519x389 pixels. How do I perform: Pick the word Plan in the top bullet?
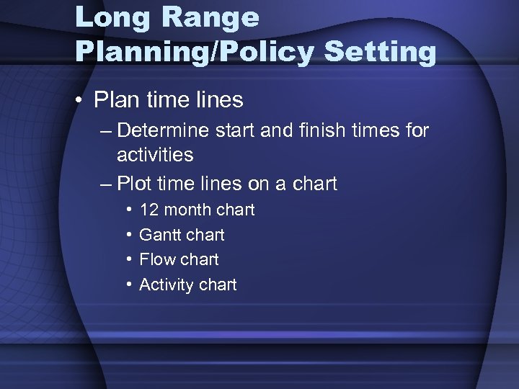(115, 99)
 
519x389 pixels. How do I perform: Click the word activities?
(155, 155)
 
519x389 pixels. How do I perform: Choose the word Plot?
(134, 184)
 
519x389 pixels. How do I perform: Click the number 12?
(149, 210)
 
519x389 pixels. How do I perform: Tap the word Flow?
(156, 259)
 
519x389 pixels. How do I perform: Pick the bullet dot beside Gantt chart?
(128, 235)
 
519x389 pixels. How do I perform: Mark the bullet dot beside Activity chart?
(128, 285)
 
